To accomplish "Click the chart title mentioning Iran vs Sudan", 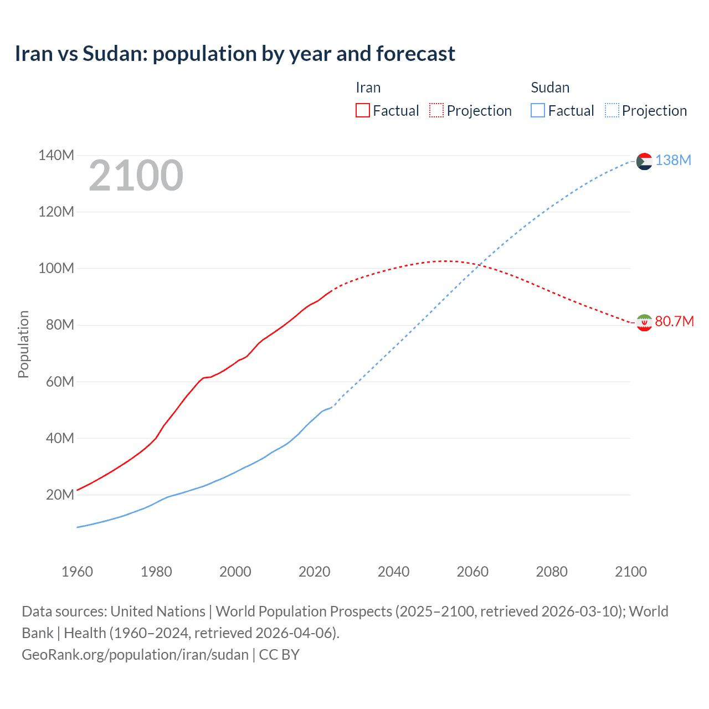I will point(235,54).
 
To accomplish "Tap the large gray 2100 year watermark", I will point(136,176).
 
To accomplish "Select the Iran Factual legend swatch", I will point(362,110).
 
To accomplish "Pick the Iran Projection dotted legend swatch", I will point(436,110).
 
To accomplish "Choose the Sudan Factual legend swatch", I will point(537,110).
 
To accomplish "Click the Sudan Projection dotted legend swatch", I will point(612,110).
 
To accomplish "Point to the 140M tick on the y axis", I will point(56,155).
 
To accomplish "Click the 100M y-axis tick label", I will point(56,268).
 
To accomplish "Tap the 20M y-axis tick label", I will point(60,495).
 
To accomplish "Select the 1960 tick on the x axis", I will point(77,572).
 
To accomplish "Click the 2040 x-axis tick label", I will point(393,572).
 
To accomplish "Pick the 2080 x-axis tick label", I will point(552,572).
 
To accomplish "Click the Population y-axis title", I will point(23,344).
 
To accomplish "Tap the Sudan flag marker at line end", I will point(644,161).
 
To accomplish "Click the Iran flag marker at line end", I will point(644,322).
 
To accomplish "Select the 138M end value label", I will point(673,160).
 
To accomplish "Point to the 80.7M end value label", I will point(674,321).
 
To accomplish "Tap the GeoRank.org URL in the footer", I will point(135,655).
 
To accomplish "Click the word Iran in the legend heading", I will point(368,88).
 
